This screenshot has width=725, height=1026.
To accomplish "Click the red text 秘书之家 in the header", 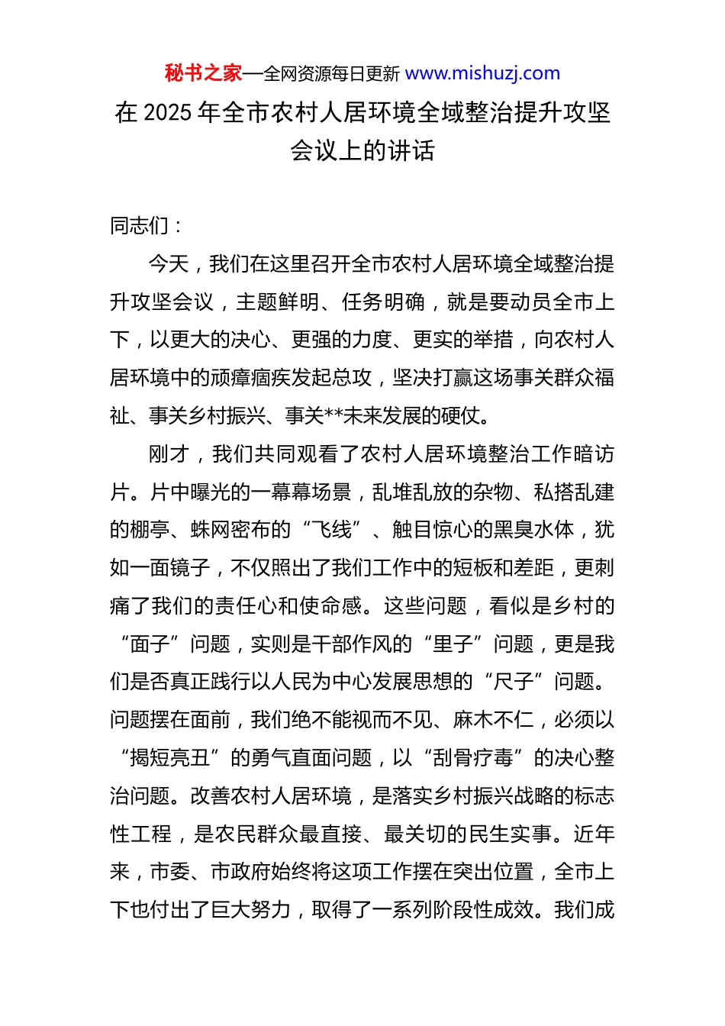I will coord(203,73).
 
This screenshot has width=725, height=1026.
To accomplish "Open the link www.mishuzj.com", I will coord(482,73).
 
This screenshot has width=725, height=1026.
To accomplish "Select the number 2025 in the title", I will coord(167,113).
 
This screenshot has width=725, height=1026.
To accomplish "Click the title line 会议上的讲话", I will coord(362,151).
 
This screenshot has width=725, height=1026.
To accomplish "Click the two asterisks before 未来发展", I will coord(334,416).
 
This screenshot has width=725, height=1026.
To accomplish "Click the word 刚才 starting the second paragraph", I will coord(169,454).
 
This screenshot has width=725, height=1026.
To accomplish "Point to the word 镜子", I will coord(190,568).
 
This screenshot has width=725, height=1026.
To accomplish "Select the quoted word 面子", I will coord(150,644).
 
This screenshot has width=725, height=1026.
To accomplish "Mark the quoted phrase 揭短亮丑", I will coord(169,758).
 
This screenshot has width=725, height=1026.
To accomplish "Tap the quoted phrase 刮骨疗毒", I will coord(473,758).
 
